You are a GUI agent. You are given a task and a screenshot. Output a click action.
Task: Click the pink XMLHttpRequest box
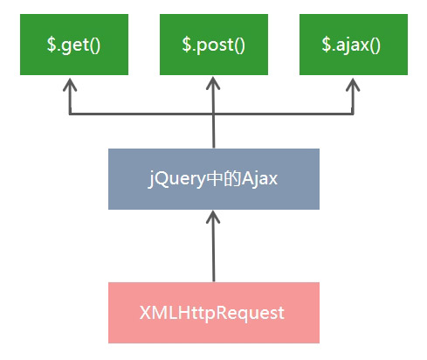point(213,312)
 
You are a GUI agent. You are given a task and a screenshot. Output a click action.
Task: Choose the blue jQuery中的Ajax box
point(213,179)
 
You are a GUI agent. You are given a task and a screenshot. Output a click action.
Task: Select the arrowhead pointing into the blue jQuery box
point(213,217)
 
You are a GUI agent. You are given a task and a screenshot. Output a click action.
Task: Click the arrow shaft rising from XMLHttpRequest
point(213,253)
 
